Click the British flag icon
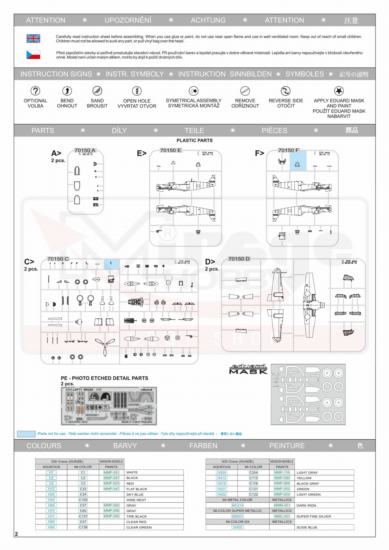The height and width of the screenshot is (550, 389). pyautogui.click(x=33, y=38)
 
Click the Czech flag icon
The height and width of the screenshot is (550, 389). pyautogui.click(x=33, y=55)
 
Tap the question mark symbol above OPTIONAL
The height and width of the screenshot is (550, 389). pyautogui.click(x=35, y=91)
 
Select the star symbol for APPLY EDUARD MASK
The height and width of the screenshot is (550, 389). pyautogui.click(x=339, y=91)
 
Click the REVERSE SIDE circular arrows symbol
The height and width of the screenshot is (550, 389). pyautogui.click(x=286, y=91)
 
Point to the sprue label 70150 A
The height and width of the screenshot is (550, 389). pyautogui.click(x=85, y=150)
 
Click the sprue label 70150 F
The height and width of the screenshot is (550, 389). pyautogui.click(x=288, y=150)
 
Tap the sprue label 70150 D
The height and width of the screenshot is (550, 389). pyautogui.click(x=239, y=259)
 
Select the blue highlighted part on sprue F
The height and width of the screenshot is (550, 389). pyautogui.click(x=298, y=161)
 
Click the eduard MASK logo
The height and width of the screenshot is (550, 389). pyautogui.click(x=248, y=369)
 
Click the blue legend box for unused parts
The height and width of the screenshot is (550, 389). pyautogui.click(x=26, y=434)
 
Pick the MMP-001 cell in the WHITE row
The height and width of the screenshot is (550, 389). pyautogui.click(x=111, y=472)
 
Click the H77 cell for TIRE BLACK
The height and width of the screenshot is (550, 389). pyautogui.click(x=51, y=516)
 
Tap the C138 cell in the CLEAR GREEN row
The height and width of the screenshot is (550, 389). pyautogui.click(x=83, y=527)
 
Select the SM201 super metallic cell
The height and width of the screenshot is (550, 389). pyautogui.click(x=237, y=516)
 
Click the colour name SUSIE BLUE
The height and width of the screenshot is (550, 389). pyautogui.click(x=307, y=527)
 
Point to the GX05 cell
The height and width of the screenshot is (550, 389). pyautogui.click(x=237, y=527)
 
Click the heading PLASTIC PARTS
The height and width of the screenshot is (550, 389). pyautogui.click(x=195, y=140)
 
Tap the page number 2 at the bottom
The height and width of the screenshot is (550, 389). pyautogui.click(x=16, y=534)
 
